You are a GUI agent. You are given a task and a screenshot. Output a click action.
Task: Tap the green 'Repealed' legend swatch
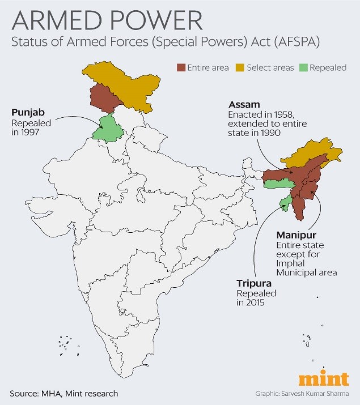pos(303,67)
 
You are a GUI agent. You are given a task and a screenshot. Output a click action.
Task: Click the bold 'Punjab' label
pos(27,111)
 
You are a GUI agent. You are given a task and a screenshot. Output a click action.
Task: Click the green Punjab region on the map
pos(108,129)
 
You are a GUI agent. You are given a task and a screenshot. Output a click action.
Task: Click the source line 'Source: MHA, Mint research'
pos(64,393)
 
